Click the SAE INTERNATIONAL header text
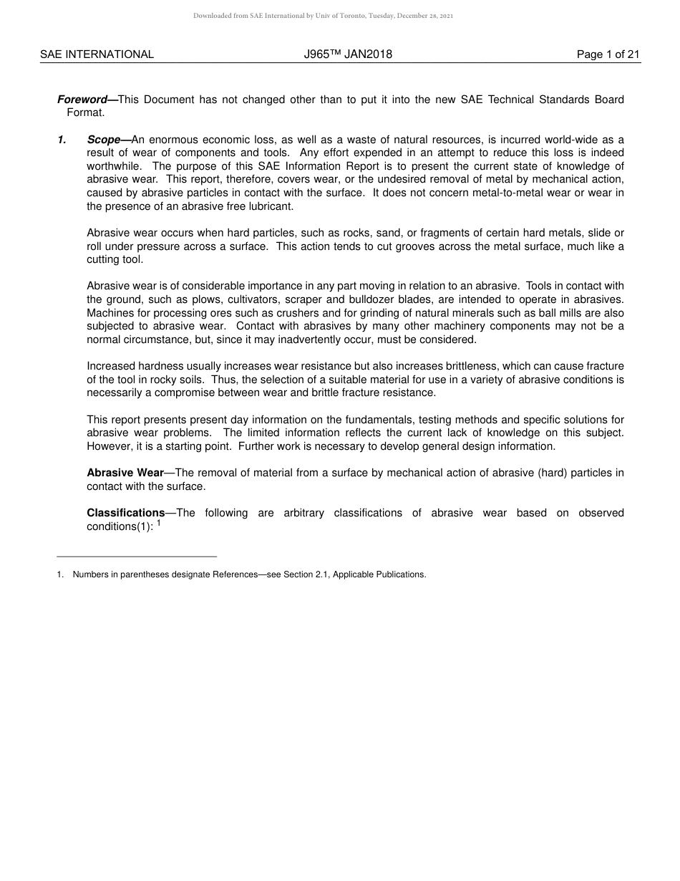pyautogui.click(x=97, y=54)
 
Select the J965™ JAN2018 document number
pyautogui.click(x=348, y=54)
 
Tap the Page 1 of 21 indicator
pyautogui.click(x=608, y=54)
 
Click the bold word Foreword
pyautogui.click(x=82, y=100)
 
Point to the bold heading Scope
pyautogui.click(x=103, y=140)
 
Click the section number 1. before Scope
pyautogui.click(x=62, y=140)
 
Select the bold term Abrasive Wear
pyautogui.click(x=125, y=473)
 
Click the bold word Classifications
pyautogui.click(x=125, y=513)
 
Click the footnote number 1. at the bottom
pyautogui.click(x=60, y=574)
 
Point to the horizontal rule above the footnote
pyautogui.click(x=136, y=557)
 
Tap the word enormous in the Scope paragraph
pyautogui.click(x=173, y=140)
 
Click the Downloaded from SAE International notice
pyautogui.click(x=323, y=16)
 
